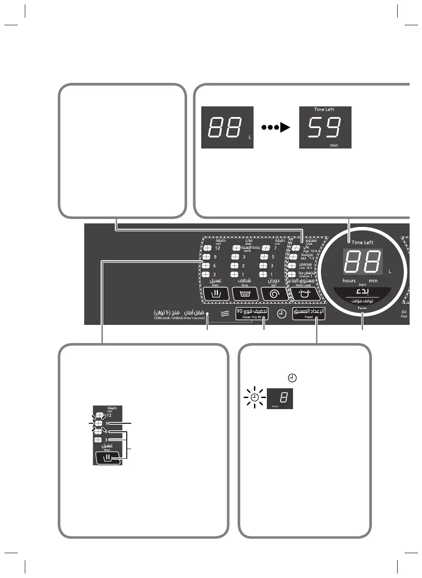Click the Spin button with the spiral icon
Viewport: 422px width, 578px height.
click(x=274, y=293)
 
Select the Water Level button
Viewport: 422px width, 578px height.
click(x=304, y=293)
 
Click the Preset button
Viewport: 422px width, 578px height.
click(x=309, y=313)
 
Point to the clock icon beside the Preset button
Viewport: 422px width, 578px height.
click(x=281, y=313)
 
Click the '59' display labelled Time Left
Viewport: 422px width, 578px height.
click(x=325, y=127)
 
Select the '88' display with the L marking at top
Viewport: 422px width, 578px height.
click(x=227, y=127)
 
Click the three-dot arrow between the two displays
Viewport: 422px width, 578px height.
click(x=276, y=128)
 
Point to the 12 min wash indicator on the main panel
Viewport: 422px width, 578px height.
click(x=206, y=248)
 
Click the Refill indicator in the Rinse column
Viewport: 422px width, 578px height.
click(x=237, y=248)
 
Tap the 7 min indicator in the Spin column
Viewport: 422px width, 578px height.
click(x=266, y=248)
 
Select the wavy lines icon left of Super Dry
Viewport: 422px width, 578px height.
click(x=225, y=313)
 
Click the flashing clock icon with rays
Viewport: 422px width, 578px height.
click(x=254, y=398)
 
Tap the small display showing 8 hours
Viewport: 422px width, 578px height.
click(x=280, y=398)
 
